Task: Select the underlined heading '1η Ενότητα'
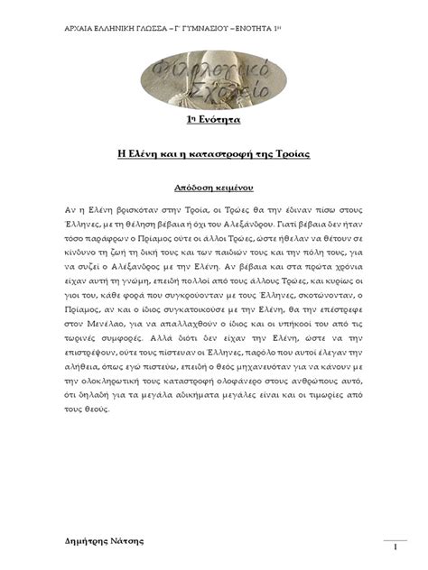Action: [x=213, y=121]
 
